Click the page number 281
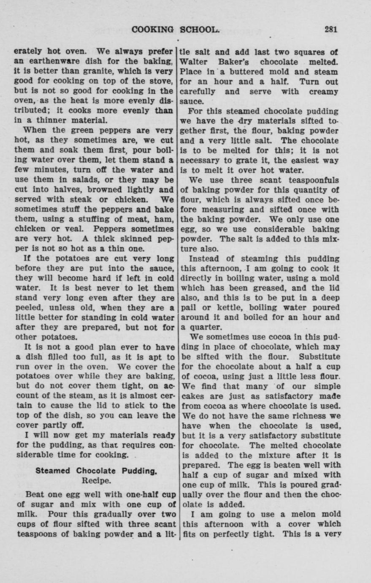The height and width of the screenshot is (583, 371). pos(331,29)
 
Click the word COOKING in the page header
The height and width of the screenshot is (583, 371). pos(153,29)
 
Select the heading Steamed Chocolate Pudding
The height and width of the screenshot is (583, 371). pos(96,471)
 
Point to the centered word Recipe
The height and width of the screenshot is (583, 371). pos(96,480)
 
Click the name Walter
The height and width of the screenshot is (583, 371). pos(194,62)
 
